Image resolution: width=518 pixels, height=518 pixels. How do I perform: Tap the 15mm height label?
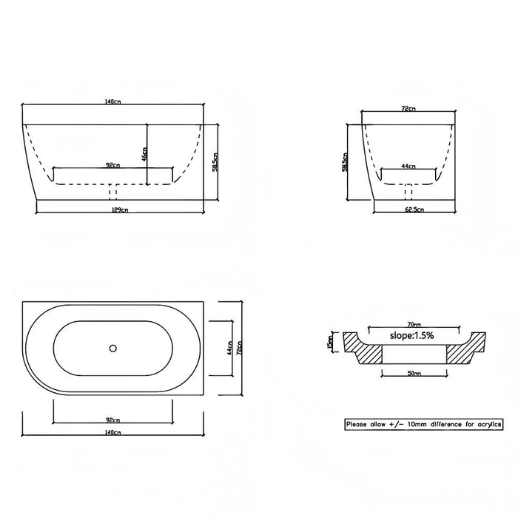point(329,343)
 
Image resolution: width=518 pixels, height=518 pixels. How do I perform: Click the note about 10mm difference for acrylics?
point(424,425)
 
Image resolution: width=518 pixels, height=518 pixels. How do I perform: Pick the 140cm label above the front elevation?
point(112,101)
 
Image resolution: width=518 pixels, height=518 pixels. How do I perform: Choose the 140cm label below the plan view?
point(112,431)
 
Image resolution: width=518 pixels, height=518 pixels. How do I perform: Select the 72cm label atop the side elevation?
point(407,109)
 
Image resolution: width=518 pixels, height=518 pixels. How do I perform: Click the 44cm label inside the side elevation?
point(408,167)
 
